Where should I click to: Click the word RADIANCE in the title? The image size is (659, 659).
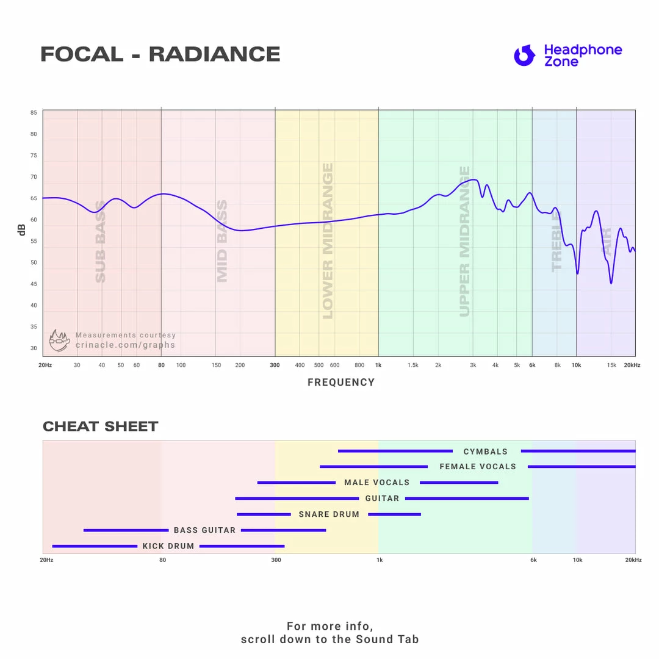pyautogui.click(x=214, y=54)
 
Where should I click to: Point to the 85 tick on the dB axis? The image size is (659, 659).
pyautogui.click(x=34, y=113)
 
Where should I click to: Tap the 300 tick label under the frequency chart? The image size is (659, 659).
pyautogui.click(x=275, y=365)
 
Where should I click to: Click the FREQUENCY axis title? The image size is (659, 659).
pyautogui.click(x=341, y=383)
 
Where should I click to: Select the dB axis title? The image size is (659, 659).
pyautogui.click(x=22, y=230)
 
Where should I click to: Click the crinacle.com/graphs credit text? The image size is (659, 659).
pyautogui.click(x=125, y=345)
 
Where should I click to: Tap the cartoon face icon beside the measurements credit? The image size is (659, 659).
pyautogui.click(x=59, y=340)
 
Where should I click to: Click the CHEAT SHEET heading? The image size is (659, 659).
pyautogui.click(x=100, y=427)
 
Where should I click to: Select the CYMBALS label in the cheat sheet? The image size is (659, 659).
pyautogui.click(x=486, y=452)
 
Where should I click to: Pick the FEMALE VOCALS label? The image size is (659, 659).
pyautogui.click(x=478, y=467)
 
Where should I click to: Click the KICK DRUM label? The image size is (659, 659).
pyautogui.click(x=168, y=546)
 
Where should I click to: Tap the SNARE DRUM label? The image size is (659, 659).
pyautogui.click(x=329, y=514)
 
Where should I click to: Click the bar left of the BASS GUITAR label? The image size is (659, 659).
pyautogui.click(x=126, y=530)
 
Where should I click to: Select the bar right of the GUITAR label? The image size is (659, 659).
pyautogui.click(x=467, y=499)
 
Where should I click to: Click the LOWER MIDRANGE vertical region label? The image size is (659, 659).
pyautogui.click(x=328, y=241)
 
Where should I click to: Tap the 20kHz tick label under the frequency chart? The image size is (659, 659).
pyautogui.click(x=632, y=365)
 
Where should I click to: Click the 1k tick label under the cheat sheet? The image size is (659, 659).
pyautogui.click(x=380, y=560)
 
